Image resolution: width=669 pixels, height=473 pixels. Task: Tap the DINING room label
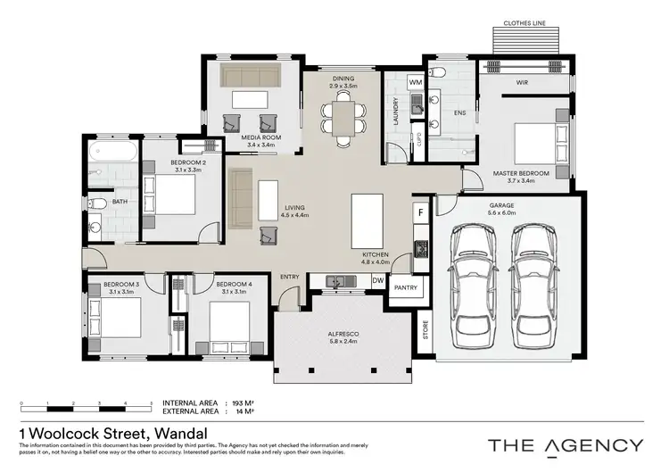tap(343, 79)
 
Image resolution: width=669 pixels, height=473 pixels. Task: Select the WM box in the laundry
tap(415, 82)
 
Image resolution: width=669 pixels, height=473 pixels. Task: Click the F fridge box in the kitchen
tap(420, 214)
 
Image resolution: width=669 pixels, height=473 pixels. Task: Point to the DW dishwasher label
tap(377, 280)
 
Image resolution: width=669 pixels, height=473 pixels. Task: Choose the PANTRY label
tap(407, 288)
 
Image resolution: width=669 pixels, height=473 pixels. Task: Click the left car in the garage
tap(474, 286)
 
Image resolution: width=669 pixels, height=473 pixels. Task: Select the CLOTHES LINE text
tap(525, 22)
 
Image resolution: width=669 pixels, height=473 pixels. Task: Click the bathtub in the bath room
tap(112, 150)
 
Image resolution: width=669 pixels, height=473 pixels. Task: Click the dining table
tap(343, 115)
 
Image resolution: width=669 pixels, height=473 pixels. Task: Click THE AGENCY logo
tap(565, 444)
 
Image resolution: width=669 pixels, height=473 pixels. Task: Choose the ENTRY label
tap(290, 277)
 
